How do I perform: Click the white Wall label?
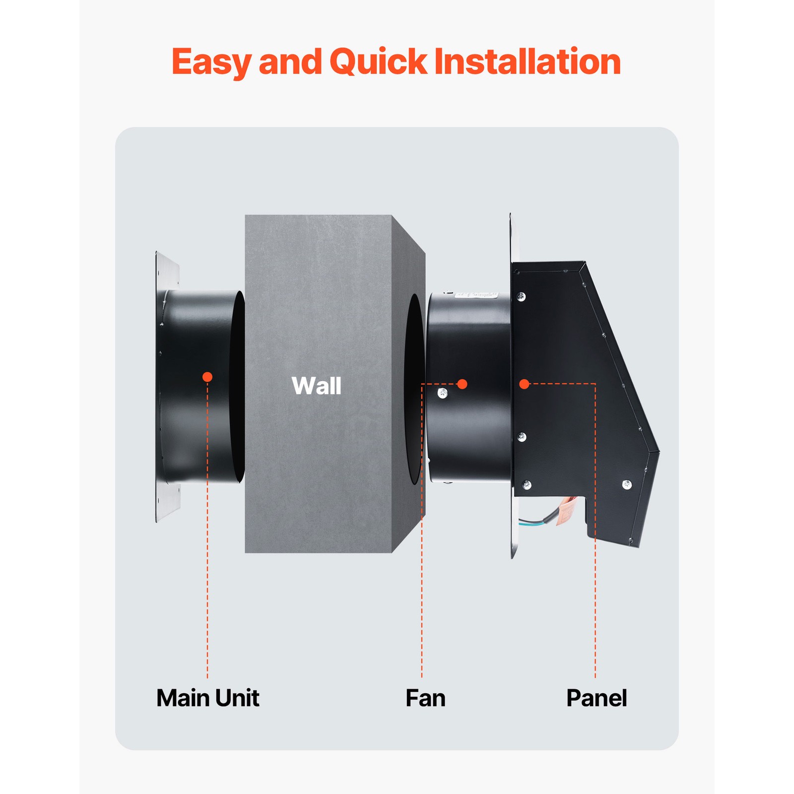tap(317, 386)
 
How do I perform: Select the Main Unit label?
tap(207, 698)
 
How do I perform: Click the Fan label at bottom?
tap(425, 698)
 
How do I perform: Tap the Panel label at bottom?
tap(596, 698)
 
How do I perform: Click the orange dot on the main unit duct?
tap(207, 377)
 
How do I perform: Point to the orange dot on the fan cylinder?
tap(462, 384)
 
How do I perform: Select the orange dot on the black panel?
tap(524, 384)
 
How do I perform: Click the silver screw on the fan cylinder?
tap(443, 394)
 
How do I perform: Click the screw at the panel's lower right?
tap(627, 484)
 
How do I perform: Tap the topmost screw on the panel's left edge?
tap(521, 297)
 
